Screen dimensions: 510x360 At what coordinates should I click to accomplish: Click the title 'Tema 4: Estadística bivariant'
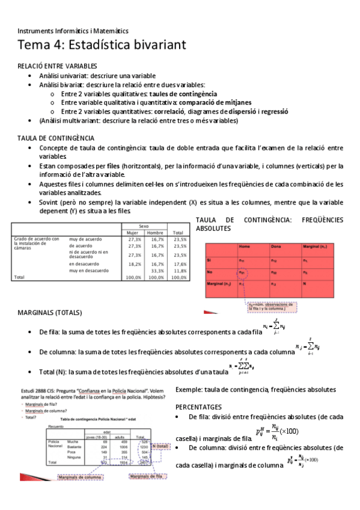[102, 45]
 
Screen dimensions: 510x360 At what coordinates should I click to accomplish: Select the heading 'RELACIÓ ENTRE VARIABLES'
[57, 66]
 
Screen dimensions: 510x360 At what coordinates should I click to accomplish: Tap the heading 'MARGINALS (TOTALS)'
[50, 313]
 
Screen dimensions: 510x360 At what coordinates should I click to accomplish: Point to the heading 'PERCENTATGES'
[203, 407]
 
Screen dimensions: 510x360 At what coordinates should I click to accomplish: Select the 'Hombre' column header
[155, 232]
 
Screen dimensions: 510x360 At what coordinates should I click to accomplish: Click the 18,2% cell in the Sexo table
[134, 263]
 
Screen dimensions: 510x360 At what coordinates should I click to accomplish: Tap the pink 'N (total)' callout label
[161, 446]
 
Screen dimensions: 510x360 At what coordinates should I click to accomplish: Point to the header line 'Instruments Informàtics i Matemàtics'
[73, 31]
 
